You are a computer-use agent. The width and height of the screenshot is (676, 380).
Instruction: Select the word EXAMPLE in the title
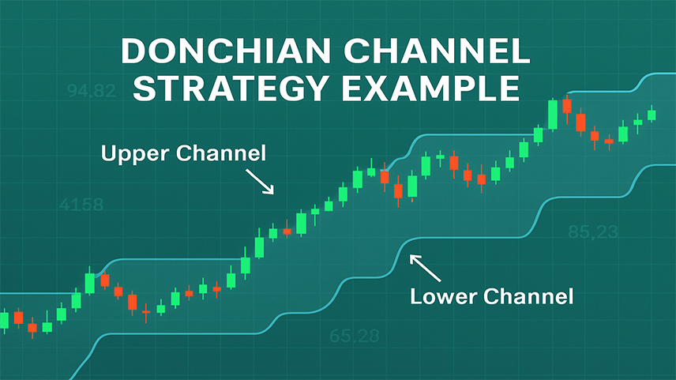pyautogui.click(x=430, y=88)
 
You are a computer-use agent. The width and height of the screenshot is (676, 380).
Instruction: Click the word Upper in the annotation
pyautogui.click(x=134, y=154)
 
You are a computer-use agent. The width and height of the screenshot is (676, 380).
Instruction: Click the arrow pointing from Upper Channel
pyautogui.click(x=260, y=181)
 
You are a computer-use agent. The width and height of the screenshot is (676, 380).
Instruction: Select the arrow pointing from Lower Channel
pyautogui.click(x=425, y=268)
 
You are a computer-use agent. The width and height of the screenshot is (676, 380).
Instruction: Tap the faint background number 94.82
pyautogui.click(x=92, y=91)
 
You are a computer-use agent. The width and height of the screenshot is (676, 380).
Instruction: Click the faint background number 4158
pyautogui.click(x=81, y=205)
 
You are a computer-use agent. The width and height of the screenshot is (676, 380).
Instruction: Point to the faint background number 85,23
pyautogui.click(x=593, y=232)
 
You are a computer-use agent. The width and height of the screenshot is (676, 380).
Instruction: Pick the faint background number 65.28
pyautogui.click(x=354, y=336)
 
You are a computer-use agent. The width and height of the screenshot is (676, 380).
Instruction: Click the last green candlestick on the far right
pyautogui.click(x=652, y=115)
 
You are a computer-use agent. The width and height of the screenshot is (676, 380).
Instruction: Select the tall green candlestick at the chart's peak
pyautogui.click(x=552, y=115)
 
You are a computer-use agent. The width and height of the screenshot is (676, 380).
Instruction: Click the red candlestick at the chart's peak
pyautogui.click(x=567, y=107)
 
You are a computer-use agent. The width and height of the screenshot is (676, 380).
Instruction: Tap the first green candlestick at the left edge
pyautogui.click(x=4, y=321)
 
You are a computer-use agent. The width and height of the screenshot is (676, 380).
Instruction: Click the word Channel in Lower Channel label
pyautogui.click(x=528, y=296)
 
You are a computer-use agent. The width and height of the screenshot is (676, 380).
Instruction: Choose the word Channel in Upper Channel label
pyautogui.click(x=221, y=153)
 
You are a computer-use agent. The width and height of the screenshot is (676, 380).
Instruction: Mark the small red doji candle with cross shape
pyautogui.click(x=146, y=312)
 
